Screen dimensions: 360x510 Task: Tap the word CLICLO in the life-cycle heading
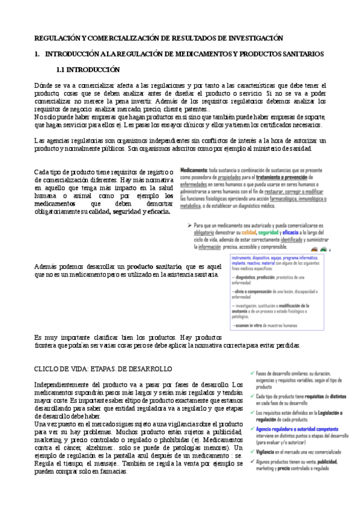tap(50, 368)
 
